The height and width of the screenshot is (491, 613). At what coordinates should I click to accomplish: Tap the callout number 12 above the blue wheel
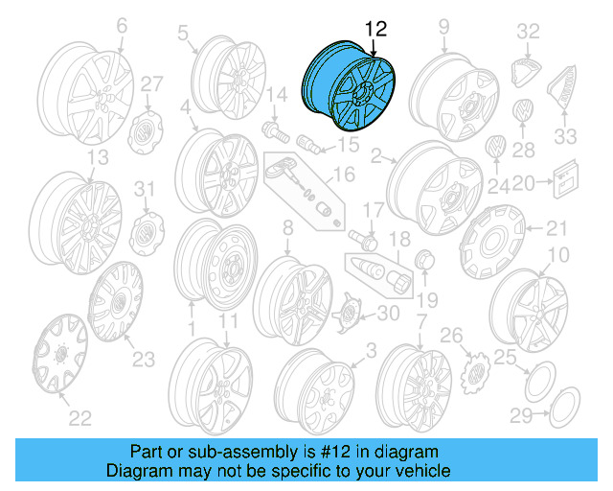coord(374,29)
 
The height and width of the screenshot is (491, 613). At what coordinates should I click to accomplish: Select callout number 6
coord(121,27)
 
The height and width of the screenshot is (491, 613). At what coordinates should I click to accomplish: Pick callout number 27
coord(152,84)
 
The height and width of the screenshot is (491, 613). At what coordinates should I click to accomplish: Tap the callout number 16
coord(343,175)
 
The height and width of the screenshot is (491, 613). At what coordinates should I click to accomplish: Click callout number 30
coord(388,313)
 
